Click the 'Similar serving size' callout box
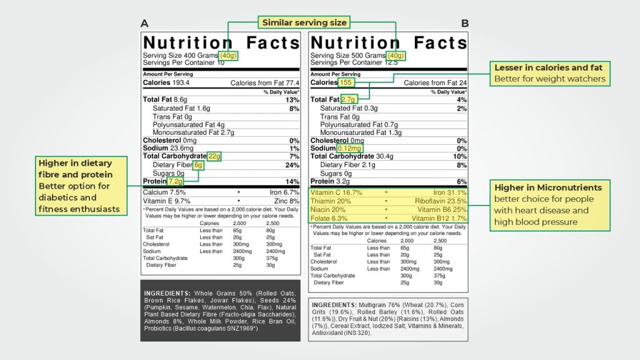tap(304, 22)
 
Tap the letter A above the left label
tap(144, 24)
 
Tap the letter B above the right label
tap(465, 24)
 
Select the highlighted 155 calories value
tap(347, 82)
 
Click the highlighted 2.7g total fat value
tap(348, 99)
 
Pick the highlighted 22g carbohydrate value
tap(214, 156)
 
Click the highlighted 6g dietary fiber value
tap(198, 165)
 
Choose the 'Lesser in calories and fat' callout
tap(549, 73)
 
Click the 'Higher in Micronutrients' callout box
tap(547, 204)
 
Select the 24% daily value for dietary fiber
tap(292, 165)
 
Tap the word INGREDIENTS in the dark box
tap(167, 293)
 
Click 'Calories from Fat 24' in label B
tap(435, 82)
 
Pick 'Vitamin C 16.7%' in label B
tap(336, 192)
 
